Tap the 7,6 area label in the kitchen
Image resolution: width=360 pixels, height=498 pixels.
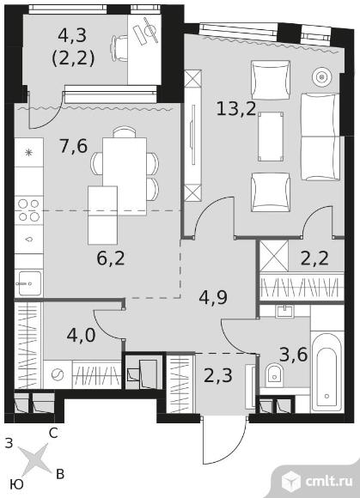(x=74, y=147)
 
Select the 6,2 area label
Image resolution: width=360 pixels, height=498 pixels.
(x=111, y=258)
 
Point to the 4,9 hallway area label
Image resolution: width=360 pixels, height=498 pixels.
(x=213, y=298)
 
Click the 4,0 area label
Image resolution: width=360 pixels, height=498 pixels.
(x=82, y=335)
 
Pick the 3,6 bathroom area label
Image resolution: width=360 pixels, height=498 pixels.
(x=293, y=354)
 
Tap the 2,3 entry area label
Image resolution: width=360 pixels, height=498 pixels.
(x=218, y=375)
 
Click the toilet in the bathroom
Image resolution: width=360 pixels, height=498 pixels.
(x=273, y=373)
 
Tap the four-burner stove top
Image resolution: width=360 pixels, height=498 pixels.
(x=29, y=210)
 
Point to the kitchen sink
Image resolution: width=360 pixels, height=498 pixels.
(x=29, y=283)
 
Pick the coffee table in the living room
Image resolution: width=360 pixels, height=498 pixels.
(x=271, y=137)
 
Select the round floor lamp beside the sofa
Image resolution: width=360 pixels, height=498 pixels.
(x=322, y=76)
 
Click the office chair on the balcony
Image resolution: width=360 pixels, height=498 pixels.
(x=119, y=48)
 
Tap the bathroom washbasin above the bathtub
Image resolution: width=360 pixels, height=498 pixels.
(x=284, y=311)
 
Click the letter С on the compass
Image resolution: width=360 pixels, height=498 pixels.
(x=53, y=434)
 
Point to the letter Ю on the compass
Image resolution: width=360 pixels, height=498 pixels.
(x=17, y=484)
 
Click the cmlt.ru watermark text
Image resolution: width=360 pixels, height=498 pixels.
(x=328, y=481)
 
